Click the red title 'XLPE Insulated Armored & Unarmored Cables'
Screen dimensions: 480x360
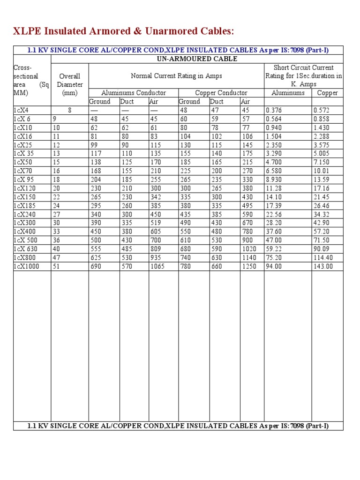[x=123, y=31]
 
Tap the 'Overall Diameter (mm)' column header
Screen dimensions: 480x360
[x=70, y=84]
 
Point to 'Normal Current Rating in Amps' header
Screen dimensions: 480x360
[x=176, y=76]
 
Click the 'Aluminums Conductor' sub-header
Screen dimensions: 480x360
[x=133, y=93]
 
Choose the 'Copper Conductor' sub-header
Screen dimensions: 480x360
[x=221, y=93]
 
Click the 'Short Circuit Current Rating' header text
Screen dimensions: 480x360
[x=303, y=76]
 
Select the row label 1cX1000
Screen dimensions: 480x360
[x=27, y=266]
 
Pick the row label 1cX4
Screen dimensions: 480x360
[x=21, y=110]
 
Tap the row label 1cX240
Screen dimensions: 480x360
[x=24, y=214]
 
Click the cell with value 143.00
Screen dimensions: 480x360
[x=323, y=266]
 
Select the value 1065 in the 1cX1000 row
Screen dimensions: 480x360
[x=157, y=266]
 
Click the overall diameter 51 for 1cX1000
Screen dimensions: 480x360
[x=56, y=266]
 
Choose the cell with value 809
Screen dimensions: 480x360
[x=155, y=249]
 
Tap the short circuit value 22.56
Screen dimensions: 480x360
[x=274, y=214]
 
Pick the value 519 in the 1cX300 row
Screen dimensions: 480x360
[x=155, y=223]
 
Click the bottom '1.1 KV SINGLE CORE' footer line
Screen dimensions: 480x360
[x=178, y=426]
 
